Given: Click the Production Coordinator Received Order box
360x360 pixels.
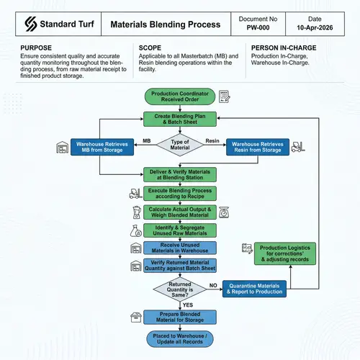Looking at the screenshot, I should coord(180,95).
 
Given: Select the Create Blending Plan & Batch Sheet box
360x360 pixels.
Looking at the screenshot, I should coord(180,119).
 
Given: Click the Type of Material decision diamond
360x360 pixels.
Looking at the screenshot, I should coord(180,145).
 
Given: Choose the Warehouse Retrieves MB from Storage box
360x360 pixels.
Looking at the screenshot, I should coord(102,147).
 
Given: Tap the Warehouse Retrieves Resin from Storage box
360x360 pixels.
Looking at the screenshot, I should coord(257,147).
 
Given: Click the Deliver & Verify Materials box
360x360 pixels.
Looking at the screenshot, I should coord(180,174).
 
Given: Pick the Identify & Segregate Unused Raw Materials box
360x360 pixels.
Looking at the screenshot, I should coord(180,230).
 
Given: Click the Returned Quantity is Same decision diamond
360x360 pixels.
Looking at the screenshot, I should coord(180,291).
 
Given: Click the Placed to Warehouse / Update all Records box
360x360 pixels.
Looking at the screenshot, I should coord(180,338).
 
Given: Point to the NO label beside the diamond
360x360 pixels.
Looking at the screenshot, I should coord(213,286).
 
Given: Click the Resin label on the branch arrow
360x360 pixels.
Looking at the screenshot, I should coord(212,140).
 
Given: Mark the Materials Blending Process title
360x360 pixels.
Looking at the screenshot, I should coord(165,24).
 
